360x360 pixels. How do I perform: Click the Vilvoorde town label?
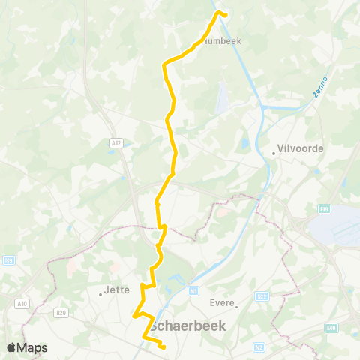(x=301, y=148)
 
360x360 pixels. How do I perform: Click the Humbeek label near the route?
(x=222, y=42)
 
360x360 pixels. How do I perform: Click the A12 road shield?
(x=115, y=142)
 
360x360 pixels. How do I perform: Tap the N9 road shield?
(x=9, y=260)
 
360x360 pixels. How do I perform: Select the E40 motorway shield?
(x=331, y=327)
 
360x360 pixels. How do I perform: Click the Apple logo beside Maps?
(x=12, y=347)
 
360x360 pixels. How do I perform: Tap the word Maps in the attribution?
(x=33, y=347)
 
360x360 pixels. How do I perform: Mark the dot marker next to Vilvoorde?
(x=274, y=154)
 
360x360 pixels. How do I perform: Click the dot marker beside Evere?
(x=236, y=305)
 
